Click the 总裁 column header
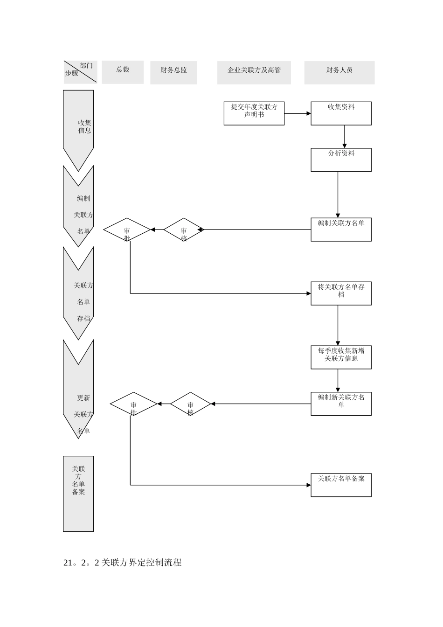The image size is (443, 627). click(123, 72)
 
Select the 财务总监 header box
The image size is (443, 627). click(173, 73)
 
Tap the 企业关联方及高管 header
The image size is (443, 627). click(254, 73)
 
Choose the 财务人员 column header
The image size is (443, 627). click(339, 73)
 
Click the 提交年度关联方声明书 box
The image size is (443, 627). click(254, 113)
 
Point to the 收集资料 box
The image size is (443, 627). click(341, 113)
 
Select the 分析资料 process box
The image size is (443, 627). click(341, 160)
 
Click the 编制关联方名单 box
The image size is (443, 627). click(341, 230)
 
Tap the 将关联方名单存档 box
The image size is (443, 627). click(341, 293)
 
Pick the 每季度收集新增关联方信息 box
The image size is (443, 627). click(341, 357)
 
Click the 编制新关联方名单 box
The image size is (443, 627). click(341, 404)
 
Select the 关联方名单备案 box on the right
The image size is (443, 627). click(341, 485)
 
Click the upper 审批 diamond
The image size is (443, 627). click(127, 230)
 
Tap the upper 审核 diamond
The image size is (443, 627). click(184, 230)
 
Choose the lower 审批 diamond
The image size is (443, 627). click(133, 404)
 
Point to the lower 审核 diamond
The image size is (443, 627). click(190, 404)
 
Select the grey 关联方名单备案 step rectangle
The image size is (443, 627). click(78, 494)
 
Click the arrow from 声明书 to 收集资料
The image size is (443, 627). click(298, 113)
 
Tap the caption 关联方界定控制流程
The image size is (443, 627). click(122, 563)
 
